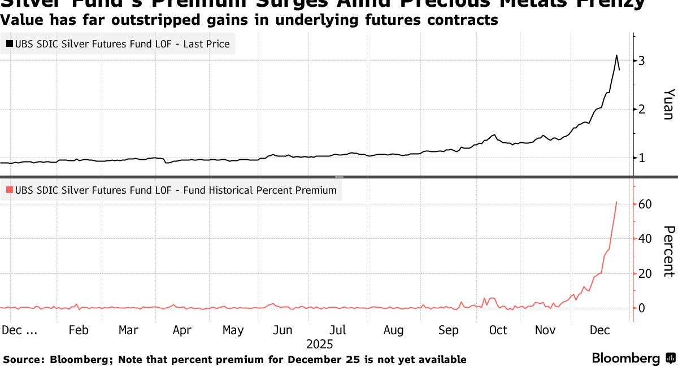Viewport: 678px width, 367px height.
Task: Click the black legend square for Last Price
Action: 10,44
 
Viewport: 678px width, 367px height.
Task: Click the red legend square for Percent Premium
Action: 10,191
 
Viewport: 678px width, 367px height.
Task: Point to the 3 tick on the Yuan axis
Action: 641,60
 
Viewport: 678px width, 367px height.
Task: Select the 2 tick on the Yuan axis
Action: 641,109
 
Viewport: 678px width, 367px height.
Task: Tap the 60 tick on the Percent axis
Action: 645,204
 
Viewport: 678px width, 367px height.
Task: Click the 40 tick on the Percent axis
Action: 645,238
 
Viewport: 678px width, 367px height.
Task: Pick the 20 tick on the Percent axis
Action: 645,273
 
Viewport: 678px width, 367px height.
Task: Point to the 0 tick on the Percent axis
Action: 641,308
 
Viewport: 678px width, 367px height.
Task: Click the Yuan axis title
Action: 668,104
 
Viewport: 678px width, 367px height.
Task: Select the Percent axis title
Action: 668,251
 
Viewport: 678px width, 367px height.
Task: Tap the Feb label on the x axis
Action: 78,330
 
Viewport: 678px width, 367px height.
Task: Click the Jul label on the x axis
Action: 338,330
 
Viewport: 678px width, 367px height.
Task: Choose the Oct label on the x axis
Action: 498,330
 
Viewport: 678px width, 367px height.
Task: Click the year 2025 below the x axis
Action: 319,344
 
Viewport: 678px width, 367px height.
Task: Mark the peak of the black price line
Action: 616,55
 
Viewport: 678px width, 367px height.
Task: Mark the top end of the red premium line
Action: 616,202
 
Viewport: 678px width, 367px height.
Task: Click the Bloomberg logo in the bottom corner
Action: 633,358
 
